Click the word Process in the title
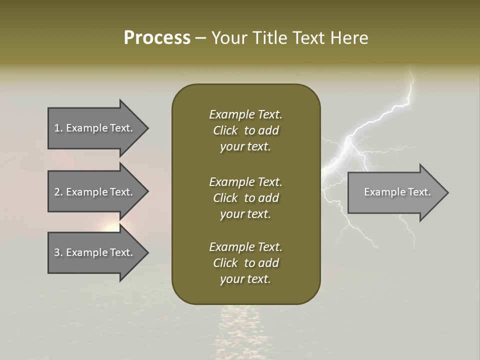pyautogui.click(x=157, y=38)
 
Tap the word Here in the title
pyautogui.click(x=349, y=38)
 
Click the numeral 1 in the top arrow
pyautogui.click(x=56, y=128)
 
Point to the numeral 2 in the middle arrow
pyautogui.click(x=56, y=192)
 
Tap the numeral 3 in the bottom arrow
pyautogui.click(x=56, y=252)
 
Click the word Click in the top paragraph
pyautogui.click(x=225, y=130)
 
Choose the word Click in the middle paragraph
pyautogui.click(x=225, y=198)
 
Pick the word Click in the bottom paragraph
pyautogui.click(x=225, y=263)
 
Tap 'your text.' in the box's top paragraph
pyautogui.click(x=245, y=147)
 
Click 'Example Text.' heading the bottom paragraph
pyautogui.click(x=245, y=247)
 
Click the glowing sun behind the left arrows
pyautogui.click(x=112, y=227)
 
